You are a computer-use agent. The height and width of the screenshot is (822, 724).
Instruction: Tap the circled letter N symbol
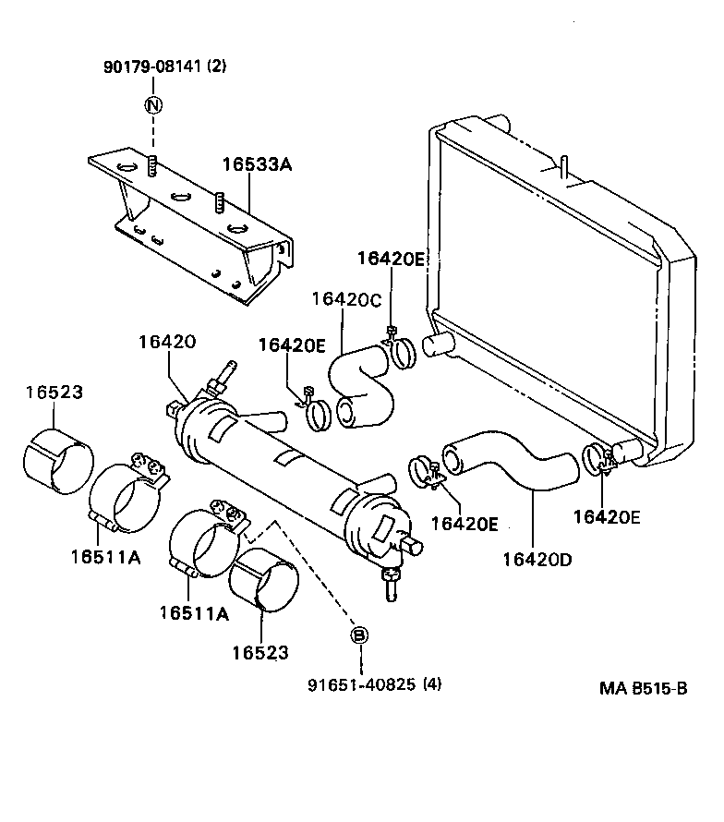coord(153,104)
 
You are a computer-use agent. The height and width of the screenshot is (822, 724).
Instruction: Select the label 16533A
coord(257,165)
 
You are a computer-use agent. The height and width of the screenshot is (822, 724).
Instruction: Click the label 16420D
coord(537,558)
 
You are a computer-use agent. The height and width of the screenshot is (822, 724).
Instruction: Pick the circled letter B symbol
coord(360,635)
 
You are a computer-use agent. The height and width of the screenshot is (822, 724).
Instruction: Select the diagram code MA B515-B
coord(643,688)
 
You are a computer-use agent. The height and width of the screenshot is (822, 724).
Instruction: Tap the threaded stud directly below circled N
coord(153,167)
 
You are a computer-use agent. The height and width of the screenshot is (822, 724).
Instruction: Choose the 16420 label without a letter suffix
coord(167,342)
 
